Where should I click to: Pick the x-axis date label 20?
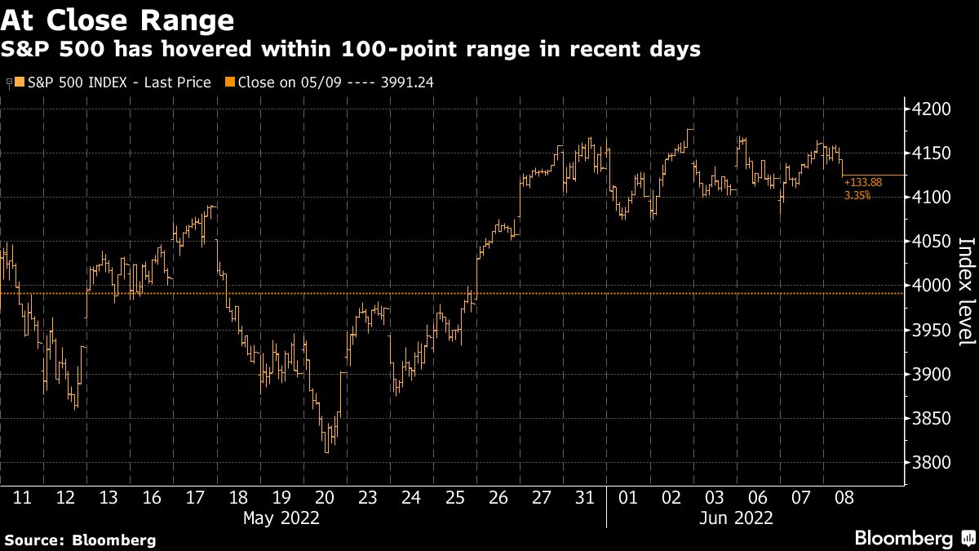[325, 497]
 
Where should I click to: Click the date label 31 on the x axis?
[584, 497]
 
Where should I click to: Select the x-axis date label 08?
[844, 497]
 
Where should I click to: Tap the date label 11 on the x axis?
[23, 497]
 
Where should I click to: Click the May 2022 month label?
[281, 518]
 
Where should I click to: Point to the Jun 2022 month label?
[736, 518]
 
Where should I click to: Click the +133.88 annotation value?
[863, 182]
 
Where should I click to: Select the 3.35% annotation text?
[857, 195]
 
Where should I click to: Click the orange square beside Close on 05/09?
[229, 82]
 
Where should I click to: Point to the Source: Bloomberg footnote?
[80, 540]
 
